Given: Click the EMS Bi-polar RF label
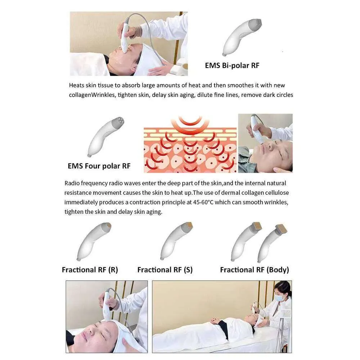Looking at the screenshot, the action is tap(232, 66).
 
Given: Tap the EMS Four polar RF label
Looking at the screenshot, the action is tap(99, 166).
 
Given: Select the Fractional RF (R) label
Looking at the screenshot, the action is tap(90, 270).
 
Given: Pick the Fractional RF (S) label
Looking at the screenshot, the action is tap(165, 270).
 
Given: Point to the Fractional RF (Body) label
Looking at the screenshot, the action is tap(255, 270).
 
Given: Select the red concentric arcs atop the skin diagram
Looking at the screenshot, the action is tap(190, 124).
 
